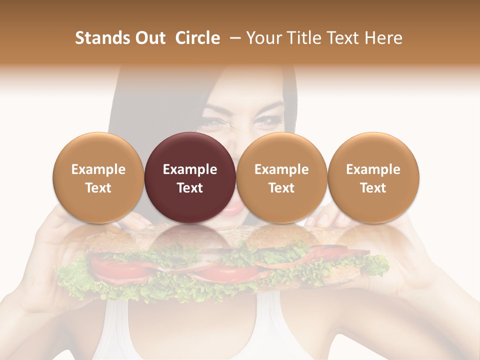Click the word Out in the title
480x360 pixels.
pos(149,38)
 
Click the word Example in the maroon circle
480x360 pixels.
pos(190,169)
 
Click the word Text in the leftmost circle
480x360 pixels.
pos(98,188)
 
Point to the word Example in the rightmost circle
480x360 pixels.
pos(373,169)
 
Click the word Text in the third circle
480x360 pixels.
pos(281,188)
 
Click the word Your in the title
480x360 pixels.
pos(263,38)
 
